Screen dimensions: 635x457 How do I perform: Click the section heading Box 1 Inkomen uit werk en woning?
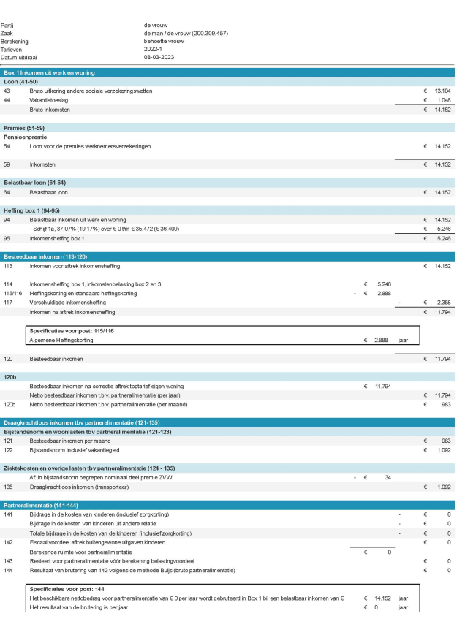[50, 73]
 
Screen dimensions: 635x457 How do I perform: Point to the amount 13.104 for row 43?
[441, 91]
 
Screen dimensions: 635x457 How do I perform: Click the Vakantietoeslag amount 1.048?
[442, 100]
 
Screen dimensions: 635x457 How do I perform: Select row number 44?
[7, 100]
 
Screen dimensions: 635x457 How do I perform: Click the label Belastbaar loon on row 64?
[48, 193]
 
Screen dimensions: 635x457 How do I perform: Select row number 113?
[8, 266]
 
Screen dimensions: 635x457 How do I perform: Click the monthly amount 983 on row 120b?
[444, 403]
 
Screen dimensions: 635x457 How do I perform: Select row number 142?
[8, 542]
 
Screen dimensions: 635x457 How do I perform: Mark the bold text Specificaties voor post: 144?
[67, 588]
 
